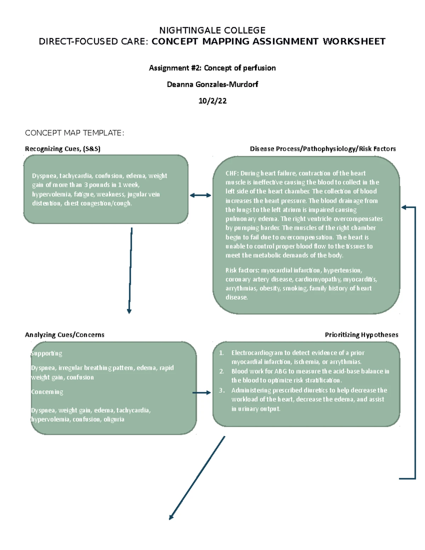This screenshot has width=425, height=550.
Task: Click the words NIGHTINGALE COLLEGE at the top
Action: (x=212, y=30)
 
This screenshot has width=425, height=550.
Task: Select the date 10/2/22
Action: (x=212, y=101)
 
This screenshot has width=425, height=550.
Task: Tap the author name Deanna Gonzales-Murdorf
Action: (x=212, y=84)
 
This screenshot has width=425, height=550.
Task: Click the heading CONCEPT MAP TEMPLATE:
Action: (x=74, y=133)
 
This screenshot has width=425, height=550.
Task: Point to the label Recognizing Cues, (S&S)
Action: (x=63, y=149)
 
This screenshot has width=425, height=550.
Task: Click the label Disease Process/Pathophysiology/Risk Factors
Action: (x=323, y=149)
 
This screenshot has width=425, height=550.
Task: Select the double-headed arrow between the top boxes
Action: (x=200, y=195)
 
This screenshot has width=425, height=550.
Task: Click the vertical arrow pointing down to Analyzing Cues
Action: (x=130, y=269)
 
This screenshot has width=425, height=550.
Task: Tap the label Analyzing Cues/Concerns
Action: (x=64, y=335)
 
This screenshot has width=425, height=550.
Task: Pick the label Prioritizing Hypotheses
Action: (x=361, y=335)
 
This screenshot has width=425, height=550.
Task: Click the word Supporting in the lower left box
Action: (x=46, y=353)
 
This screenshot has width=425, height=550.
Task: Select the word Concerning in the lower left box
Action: (x=47, y=392)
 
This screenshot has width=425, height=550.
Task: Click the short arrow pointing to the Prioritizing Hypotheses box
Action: (x=202, y=393)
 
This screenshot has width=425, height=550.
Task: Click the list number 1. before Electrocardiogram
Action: (x=221, y=353)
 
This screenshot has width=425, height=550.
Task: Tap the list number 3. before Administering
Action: (x=222, y=391)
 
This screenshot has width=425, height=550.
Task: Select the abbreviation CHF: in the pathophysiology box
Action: (x=232, y=174)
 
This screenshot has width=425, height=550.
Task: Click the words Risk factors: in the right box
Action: (x=242, y=271)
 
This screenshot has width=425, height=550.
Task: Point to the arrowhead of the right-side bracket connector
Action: (x=403, y=208)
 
